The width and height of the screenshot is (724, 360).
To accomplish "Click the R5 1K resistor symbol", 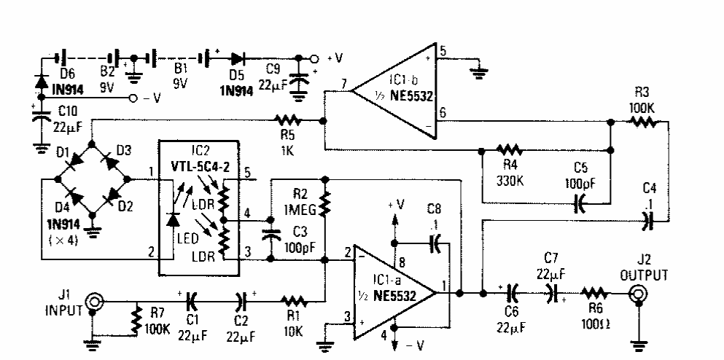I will [x=289, y=120].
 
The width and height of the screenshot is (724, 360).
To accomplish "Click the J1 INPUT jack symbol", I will [x=93, y=302].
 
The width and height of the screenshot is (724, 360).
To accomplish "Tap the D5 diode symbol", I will [x=236, y=58].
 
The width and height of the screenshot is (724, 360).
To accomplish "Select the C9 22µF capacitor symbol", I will [x=298, y=80].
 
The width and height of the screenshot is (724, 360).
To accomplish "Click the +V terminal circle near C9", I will [x=314, y=58].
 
